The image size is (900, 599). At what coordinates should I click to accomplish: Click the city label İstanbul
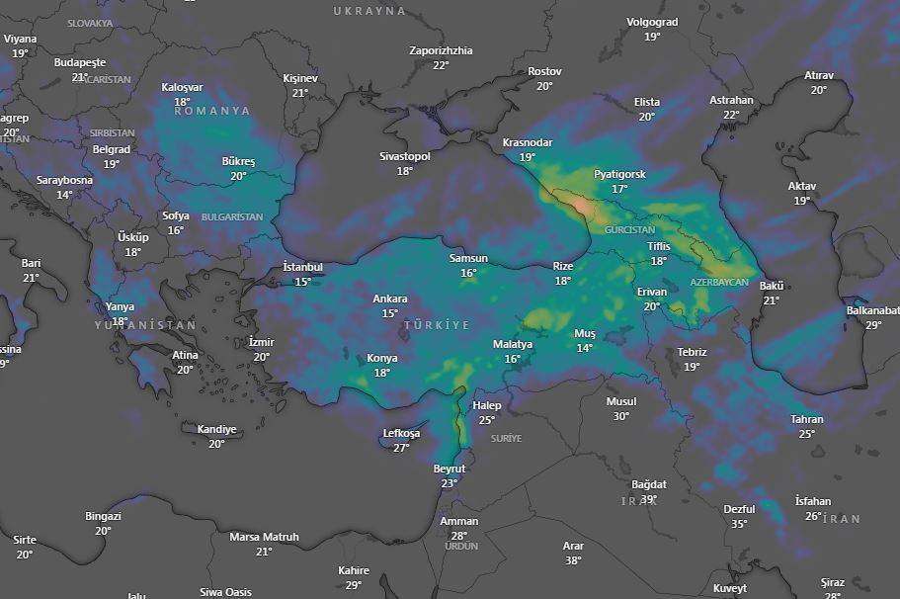click(x=302, y=267)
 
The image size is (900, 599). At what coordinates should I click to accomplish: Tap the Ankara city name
click(x=390, y=299)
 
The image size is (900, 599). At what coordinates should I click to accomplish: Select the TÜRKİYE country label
click(x=436, y=325)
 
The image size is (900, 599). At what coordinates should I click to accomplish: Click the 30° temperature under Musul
click(x=620, y=416)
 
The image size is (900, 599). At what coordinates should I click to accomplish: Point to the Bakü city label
click(x=771, y=287)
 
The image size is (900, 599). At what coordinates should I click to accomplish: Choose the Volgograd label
click(x=652, y=22)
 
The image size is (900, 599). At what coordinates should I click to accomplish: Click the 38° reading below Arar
click(x=573, y=560)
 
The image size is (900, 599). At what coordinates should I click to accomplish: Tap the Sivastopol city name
click(x=405, y=156)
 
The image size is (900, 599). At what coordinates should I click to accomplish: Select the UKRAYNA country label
click(x=369, y=11)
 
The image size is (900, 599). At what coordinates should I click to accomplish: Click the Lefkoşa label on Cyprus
click(x=401, y=433)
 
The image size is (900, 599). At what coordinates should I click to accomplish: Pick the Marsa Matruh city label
click(x=264, y=537)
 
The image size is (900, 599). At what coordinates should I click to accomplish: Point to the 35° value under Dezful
click(x=739, y=524)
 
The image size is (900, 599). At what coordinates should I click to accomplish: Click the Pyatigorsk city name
click(x=619, y=174)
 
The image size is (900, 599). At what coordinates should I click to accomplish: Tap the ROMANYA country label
click(x=212, y=111)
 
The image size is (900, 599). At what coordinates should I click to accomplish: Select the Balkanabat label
click(x=872, y=310)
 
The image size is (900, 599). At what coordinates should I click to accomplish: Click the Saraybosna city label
click(x=64, y=180)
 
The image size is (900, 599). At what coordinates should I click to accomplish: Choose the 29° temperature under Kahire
click(x=354, y=585)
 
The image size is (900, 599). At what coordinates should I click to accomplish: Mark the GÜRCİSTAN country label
click(x=629, y=229)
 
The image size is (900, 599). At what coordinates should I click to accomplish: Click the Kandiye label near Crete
click(x=216, y=429)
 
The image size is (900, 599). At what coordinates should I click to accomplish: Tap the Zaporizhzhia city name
click(x=441, y=50)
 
